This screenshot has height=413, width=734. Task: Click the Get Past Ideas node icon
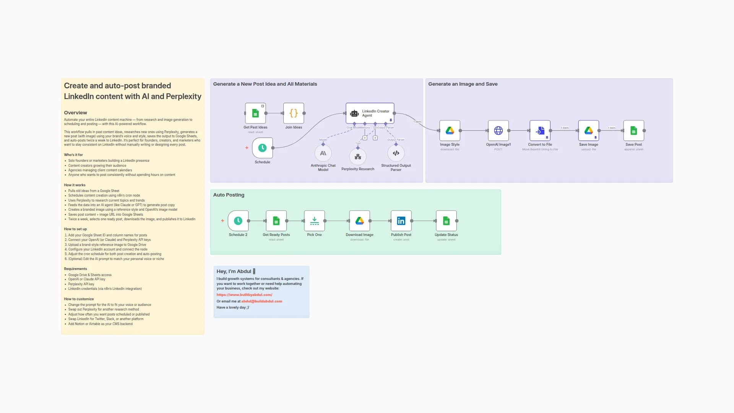(255, 113)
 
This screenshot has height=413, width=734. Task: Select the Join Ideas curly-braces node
(294, 113)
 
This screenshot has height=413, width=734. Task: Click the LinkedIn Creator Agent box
(370, 113)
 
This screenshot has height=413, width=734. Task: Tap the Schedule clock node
(262, 148)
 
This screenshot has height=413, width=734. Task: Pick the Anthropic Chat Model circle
(323, 153)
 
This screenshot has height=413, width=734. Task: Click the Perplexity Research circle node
(358, 157)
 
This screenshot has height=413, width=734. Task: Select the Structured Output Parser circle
(396, 153)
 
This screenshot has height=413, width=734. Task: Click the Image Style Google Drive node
(450, 131)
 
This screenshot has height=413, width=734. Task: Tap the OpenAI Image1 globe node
(498, 131)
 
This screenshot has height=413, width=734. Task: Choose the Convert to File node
(540, 131)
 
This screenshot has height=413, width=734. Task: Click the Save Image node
(588, 131)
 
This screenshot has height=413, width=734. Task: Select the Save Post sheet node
(633, 131)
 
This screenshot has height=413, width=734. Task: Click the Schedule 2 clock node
(238, 221)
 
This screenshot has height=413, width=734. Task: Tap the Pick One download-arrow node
(314, 221)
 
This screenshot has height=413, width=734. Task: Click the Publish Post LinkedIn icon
(401, 221)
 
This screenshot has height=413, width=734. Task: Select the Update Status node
(446, 221)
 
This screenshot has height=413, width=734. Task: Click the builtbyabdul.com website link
(244, 295)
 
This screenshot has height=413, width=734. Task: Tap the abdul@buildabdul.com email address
(261, 301)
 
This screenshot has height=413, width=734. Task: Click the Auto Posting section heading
(229, 195)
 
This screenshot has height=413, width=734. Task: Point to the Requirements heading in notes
(75, 269)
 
